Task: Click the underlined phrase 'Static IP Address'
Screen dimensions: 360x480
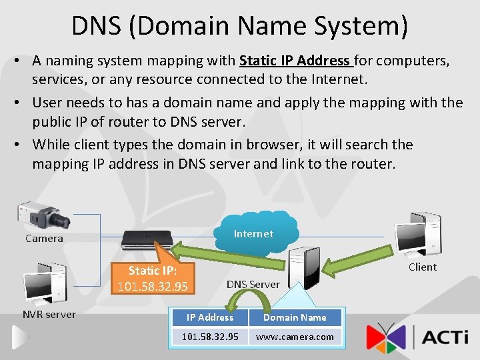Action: [x=294, y=61]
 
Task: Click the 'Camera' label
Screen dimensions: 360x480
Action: [x=44, y=239]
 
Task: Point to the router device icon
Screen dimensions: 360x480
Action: [x=147, y=239]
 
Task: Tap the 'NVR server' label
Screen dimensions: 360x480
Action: [x=49, y=315]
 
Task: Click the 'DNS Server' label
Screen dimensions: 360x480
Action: [x=253, y=284]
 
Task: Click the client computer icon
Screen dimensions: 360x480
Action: [x=417, y=233]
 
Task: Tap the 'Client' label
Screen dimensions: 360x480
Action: [x=423, y=267]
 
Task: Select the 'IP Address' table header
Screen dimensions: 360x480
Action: [x=210, y=318]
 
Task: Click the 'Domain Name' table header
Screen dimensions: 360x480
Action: [x=295, y=318]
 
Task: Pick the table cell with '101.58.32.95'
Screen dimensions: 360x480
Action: [x=210, y=337]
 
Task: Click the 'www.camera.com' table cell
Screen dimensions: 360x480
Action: [x=295, y=337]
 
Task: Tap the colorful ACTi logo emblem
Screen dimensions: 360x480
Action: [x=385, y=337]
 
